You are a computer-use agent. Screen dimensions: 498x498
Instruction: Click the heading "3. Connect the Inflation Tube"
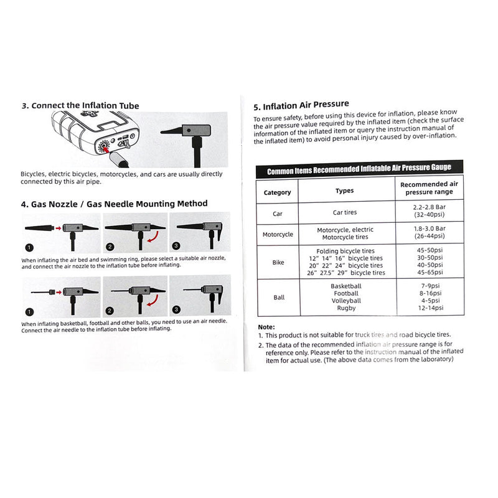(x=80, y=105)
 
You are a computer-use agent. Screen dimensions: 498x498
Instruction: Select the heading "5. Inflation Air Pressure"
(x=301, y=105)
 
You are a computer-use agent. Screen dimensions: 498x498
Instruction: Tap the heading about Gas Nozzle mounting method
(x=114, y=204)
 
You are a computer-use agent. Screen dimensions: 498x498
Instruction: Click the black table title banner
(x=360, y=169)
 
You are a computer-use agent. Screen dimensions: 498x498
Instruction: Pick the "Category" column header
(x=277, y=192)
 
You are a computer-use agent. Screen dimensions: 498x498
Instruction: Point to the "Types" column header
(x=345, y=190)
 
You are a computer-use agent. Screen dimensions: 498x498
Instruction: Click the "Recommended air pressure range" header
(x=429, y=188)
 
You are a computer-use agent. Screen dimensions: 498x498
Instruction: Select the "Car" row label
(x=278, y=214)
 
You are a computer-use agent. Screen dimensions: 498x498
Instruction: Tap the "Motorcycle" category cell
(x=278, y=235)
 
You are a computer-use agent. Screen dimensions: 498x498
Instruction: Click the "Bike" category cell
(x=278, y=262)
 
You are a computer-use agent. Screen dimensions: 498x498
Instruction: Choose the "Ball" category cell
(x=278, y=298)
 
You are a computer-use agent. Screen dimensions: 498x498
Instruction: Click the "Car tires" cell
(x=345, y=213)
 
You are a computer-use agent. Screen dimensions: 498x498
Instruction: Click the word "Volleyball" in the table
(x=345, y=301)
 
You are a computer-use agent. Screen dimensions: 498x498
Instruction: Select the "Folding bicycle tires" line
(x=345, y=251)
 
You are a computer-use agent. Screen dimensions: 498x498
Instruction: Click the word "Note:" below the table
(x=266, y=327)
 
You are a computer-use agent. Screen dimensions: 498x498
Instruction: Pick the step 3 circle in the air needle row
(x=176, y=309)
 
